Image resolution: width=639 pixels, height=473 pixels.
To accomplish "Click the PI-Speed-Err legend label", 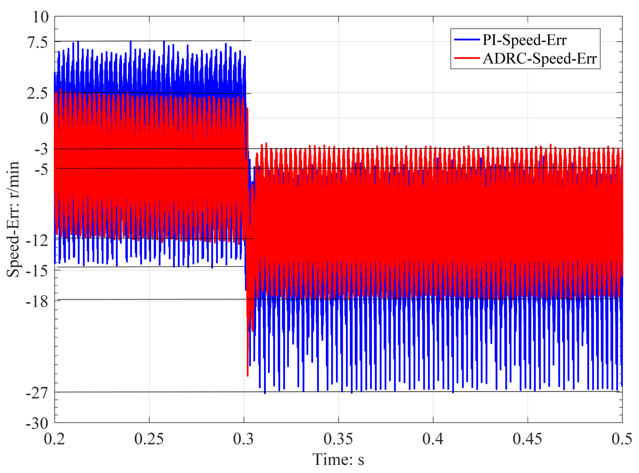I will (x=524, y=40).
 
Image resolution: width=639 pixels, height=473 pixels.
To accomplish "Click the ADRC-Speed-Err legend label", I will (x=539, y=58).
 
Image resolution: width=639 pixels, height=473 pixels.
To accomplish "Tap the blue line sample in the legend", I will (x=467, y=39).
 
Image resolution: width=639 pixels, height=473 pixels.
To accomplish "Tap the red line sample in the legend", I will (x=467, y=58).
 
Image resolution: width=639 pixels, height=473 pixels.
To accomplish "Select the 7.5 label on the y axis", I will (x=38, y=42).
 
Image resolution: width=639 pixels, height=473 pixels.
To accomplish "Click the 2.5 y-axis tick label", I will (x=38, y=93).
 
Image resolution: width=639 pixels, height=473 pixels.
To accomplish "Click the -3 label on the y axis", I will (x=41, y=149).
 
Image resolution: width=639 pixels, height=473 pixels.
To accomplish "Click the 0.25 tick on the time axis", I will (x=149, y=439).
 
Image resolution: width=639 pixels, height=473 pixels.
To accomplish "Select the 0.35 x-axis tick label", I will (x=338, y=439).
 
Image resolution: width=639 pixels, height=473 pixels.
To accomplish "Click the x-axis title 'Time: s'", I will (x=338, y=460).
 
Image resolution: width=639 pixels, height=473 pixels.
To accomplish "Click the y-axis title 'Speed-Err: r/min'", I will (x=13, y=219).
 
